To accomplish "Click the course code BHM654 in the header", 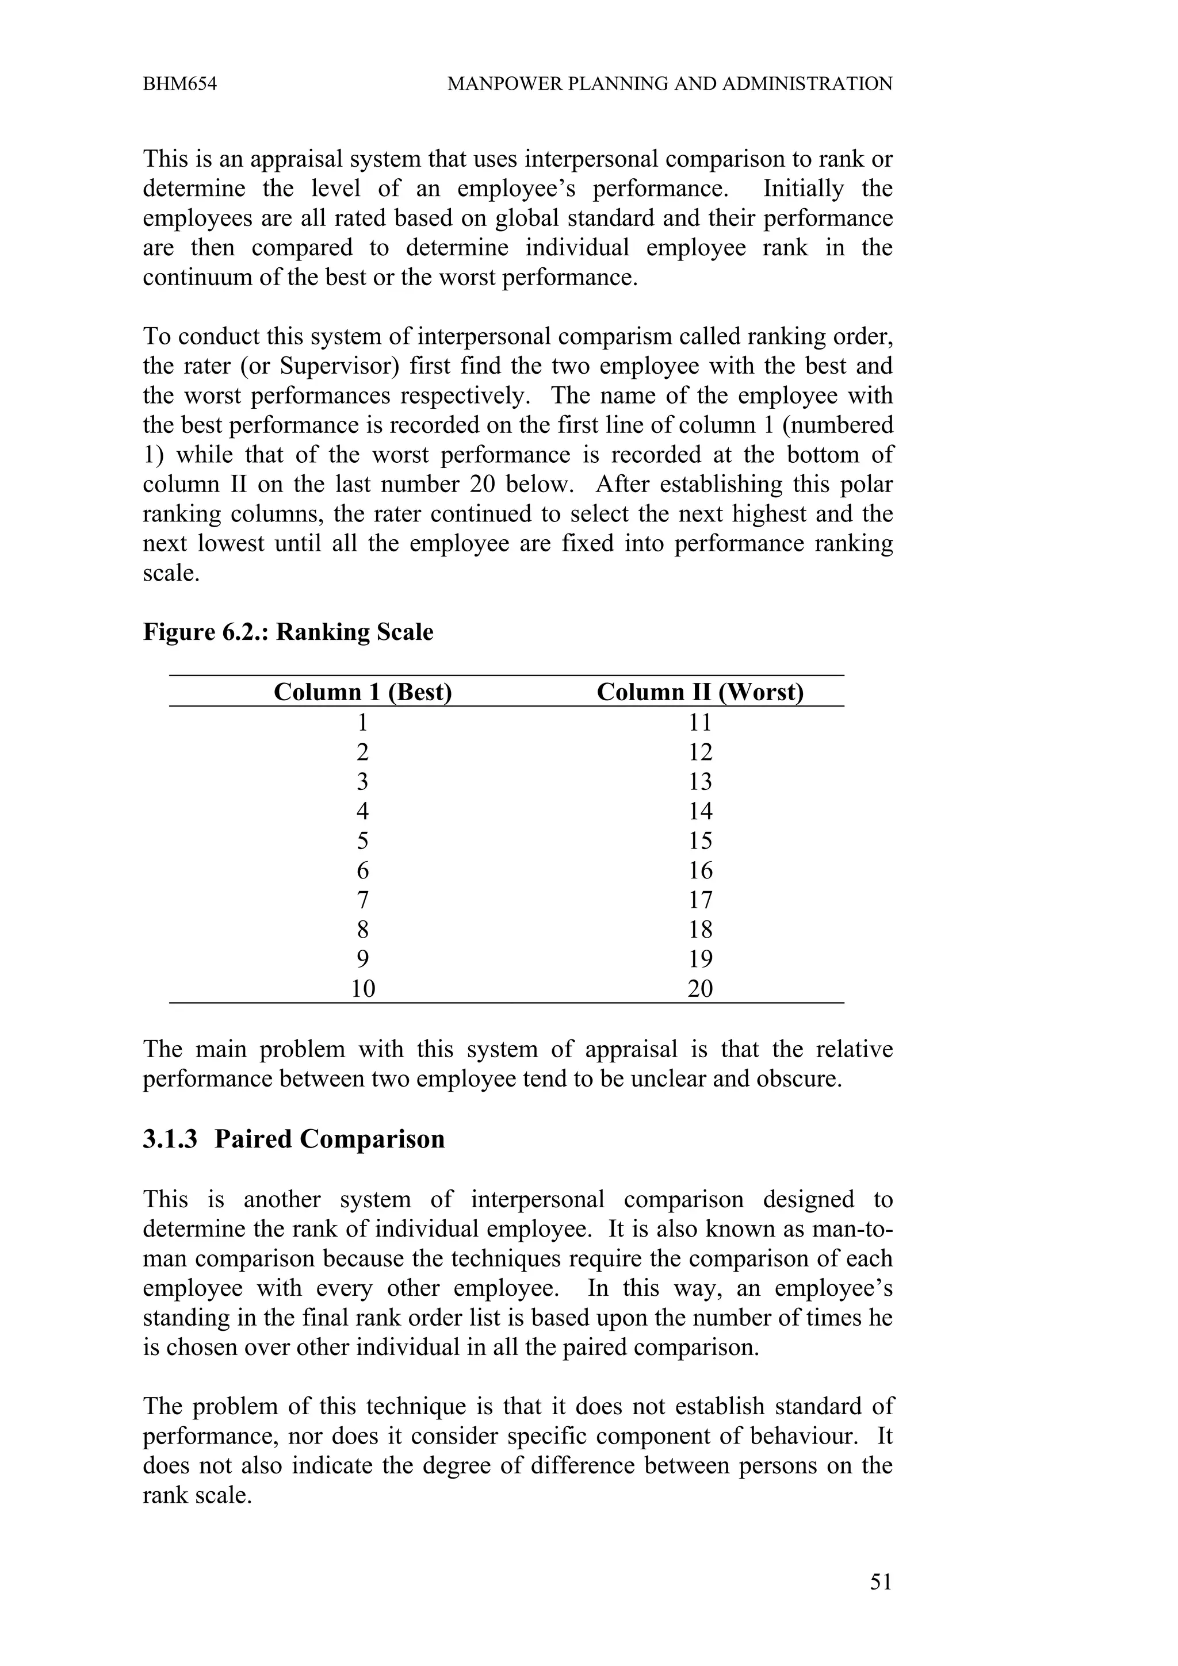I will (x=179, y=84).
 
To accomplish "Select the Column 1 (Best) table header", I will (x=362, y=692).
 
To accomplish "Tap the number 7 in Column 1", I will (x=362, y=900).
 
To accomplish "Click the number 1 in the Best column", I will (x=362, y=723).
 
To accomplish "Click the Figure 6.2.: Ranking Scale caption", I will (x=288, y=632).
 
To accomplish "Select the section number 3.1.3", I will (x=170, y=1139).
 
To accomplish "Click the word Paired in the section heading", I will (x=253, y=1139).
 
